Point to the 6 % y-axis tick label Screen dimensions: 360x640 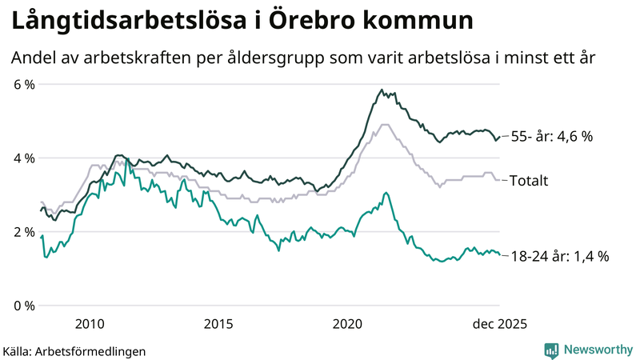point(23,84)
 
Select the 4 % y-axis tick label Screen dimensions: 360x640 point(23,158)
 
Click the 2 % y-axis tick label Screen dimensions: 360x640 point(23,232)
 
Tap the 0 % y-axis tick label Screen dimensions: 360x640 point(23,306)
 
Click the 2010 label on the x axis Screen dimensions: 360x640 point(89,323)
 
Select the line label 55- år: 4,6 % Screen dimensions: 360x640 point(551,137)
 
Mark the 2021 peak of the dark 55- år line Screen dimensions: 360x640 point(382,90)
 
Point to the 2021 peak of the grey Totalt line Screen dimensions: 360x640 point(385,124)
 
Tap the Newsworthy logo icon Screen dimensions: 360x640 point(551,350)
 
